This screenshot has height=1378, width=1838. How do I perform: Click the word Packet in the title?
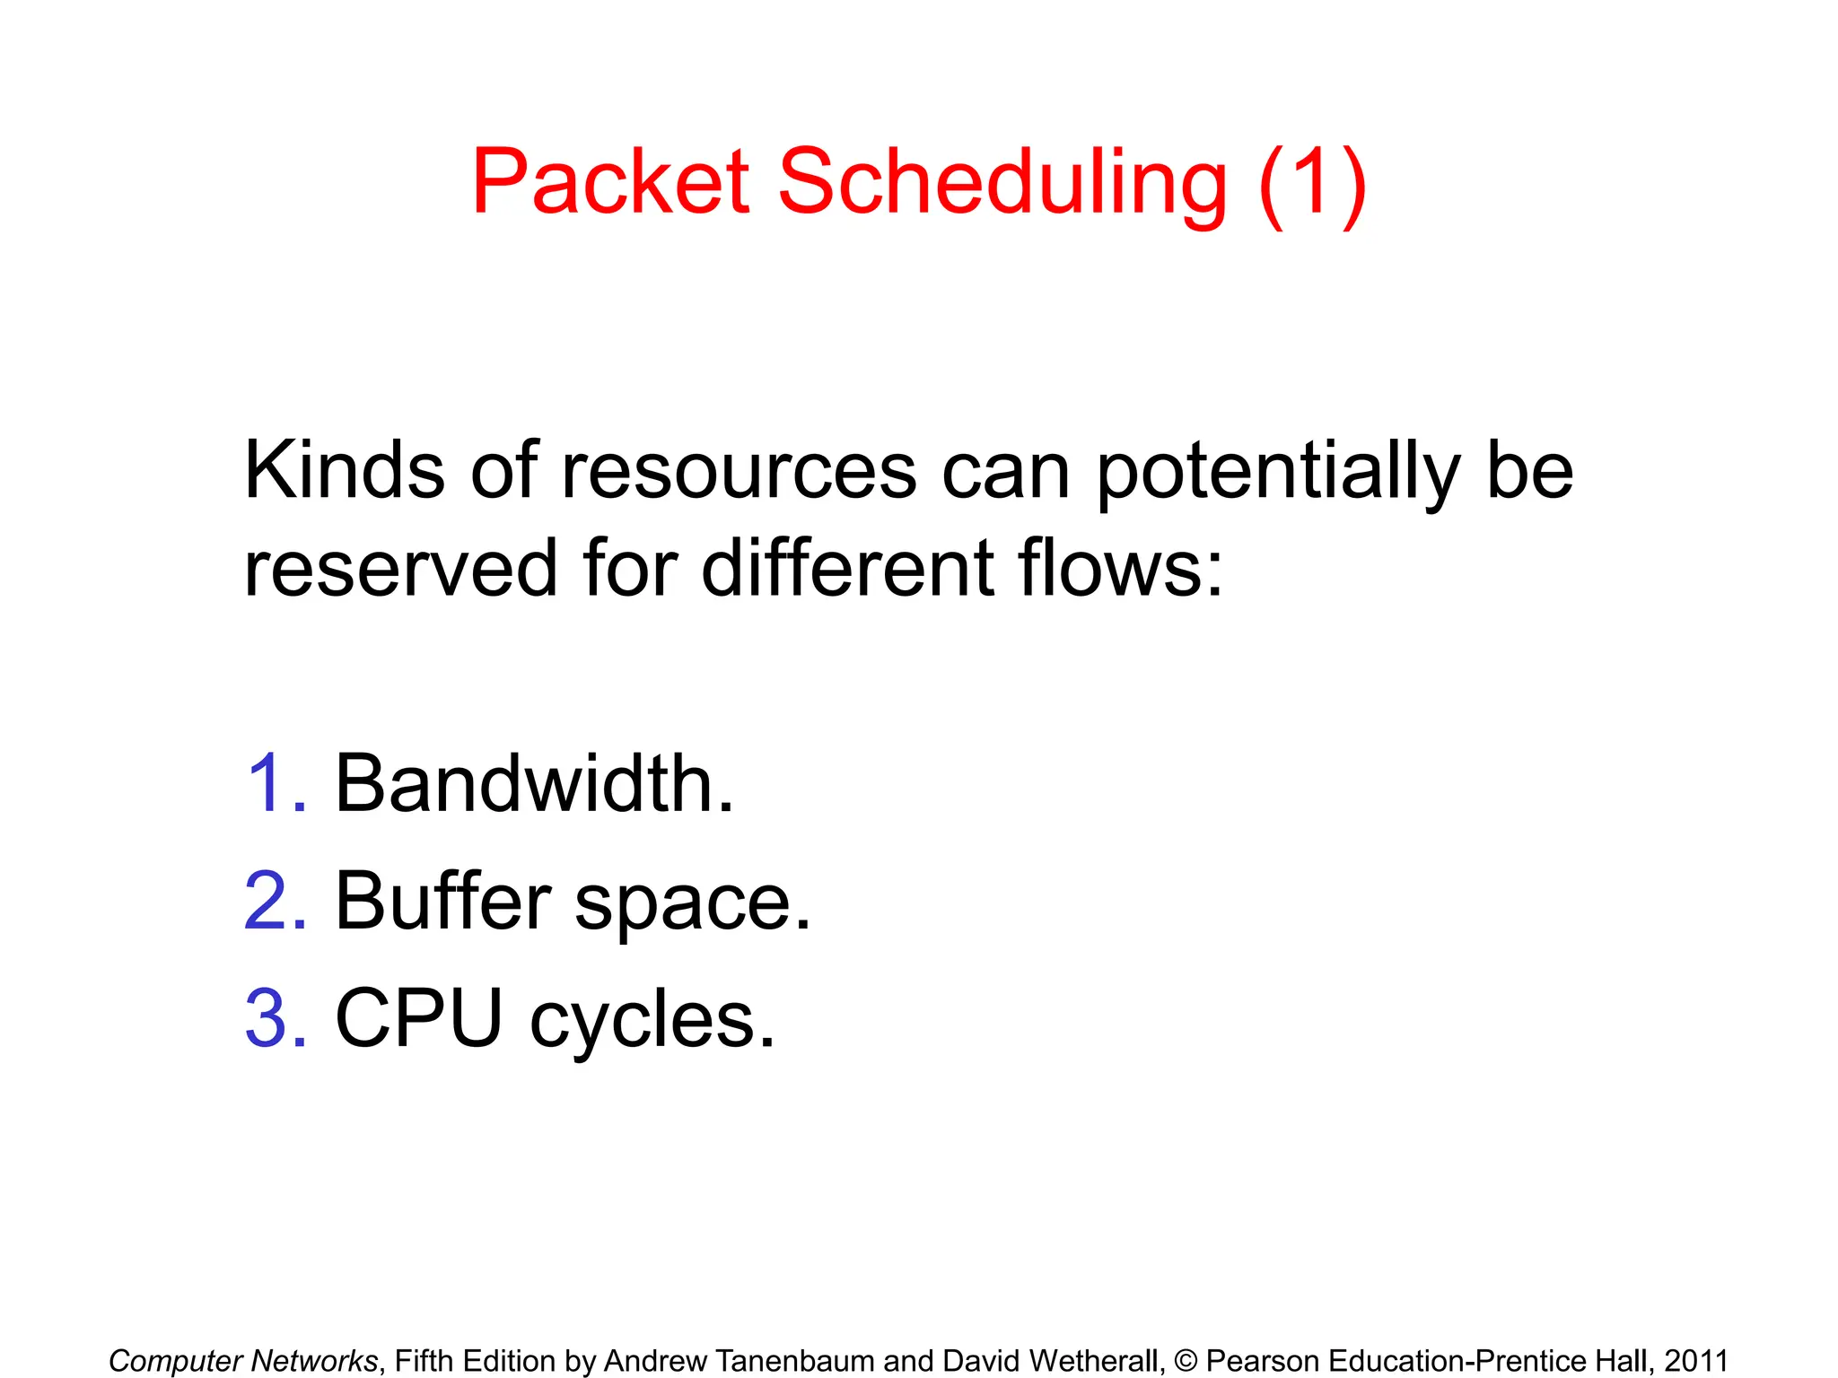tap(610, 182)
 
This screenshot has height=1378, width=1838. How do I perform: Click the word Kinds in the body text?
tap(344, 471)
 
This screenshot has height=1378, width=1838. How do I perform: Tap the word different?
tap(847, 568)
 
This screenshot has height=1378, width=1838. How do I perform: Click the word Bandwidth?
tap(534, 784)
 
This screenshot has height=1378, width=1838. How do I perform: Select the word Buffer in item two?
tap(442, 902)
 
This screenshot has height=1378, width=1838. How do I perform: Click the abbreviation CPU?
tap(418, 1019)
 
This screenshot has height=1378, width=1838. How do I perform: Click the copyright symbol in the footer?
tap(1186, 1361)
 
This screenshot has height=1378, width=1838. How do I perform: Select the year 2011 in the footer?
tap(1695, 1361)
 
